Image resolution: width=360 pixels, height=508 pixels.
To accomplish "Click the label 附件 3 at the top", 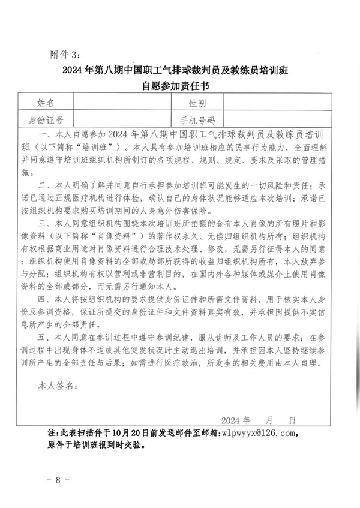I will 65,55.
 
